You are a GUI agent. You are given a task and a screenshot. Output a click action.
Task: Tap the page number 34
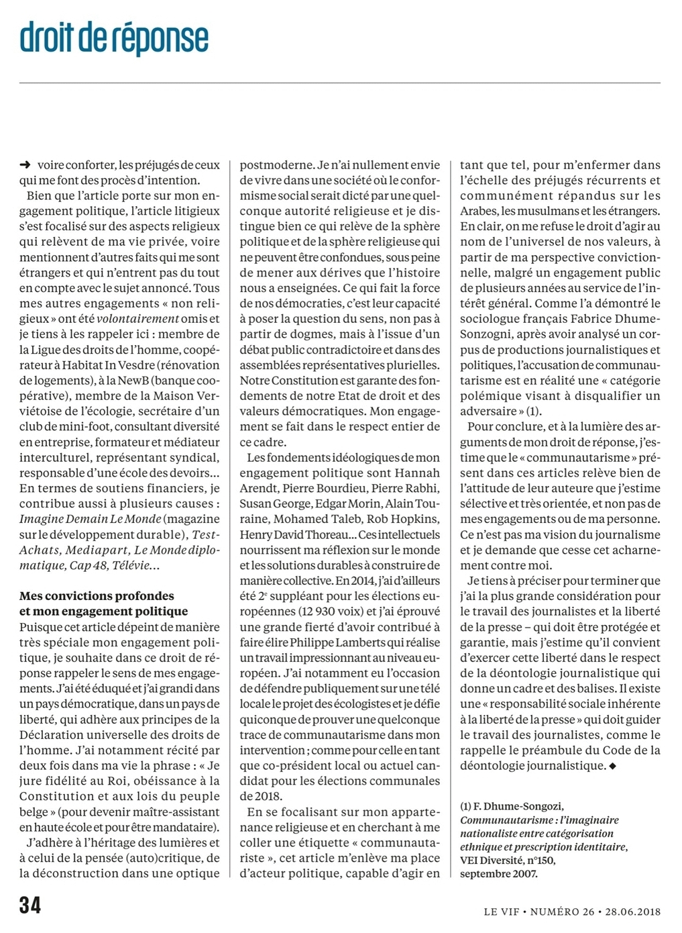pos(30,905)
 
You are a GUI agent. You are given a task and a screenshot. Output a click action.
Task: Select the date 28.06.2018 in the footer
pos(632,911)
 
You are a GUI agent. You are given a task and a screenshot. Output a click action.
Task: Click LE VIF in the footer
pos(501,911)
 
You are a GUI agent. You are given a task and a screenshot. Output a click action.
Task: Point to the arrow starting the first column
pos(25,165)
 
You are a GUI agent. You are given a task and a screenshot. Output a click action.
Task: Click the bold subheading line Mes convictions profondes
pos(97,596)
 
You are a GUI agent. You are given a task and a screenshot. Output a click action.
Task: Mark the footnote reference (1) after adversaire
pos(534,411)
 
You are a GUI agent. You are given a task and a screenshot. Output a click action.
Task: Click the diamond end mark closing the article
pos(611,766)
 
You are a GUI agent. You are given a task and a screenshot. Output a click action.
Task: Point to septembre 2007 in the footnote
pos(499,873)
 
